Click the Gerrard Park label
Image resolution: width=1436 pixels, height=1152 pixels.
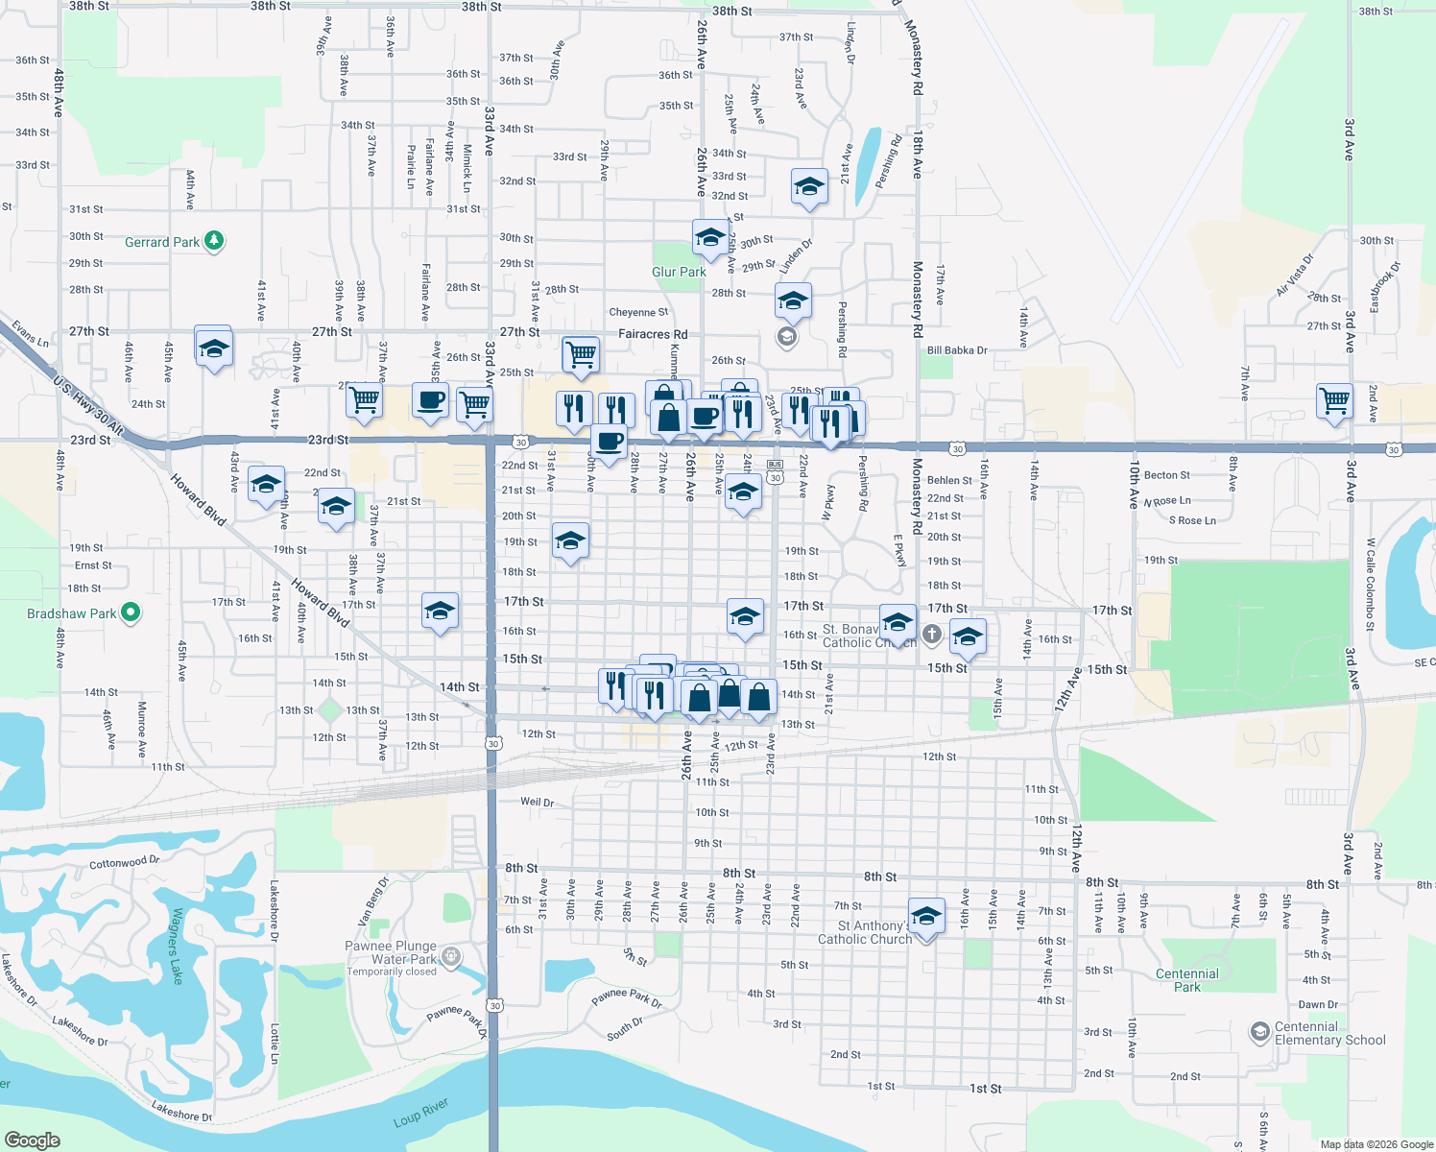pyautogui.click(x=161, y=242)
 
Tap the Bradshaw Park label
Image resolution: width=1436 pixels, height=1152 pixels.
pyautogui.click(x=72, y=613)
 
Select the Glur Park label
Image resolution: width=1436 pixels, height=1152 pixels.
pyautogui.click(x=679, y=272)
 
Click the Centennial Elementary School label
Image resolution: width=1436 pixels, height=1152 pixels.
pyautogui.click(x=1329, y=1033)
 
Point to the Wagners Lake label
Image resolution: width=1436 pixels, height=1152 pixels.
pyautogui.click(x=176, y=946)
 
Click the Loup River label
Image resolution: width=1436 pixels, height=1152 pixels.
pyautogui.click(x=420, y=1114)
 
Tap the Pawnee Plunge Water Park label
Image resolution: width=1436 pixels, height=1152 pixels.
pyautogui.click(x=391, y=952)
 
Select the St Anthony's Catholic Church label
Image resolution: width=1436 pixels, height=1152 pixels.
pyautogui.click(x=864, y=933)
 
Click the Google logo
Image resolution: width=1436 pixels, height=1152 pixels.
pyautogui.click(x=32, y=1140)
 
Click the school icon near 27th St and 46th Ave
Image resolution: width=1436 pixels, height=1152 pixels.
pyautogui.click(x=213, y=348)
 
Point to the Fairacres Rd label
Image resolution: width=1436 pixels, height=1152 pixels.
pyautogui.click(x=653, y=334)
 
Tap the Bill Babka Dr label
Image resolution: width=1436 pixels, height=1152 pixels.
pyautogui.click(x=957, y=350)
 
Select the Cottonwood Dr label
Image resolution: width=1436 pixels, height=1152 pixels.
pyautogui.click(x=125, y=862)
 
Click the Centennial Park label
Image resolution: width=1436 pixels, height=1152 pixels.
pyautogui.click(x=1187, y=980)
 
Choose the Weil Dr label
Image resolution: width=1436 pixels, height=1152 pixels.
pyautogui.click(x=537, y=802)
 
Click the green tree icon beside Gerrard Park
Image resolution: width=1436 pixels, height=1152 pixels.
pyautogui.click(x=214, y=241)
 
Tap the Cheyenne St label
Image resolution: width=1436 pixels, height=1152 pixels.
pyautogui.click(x=638, y=312)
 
